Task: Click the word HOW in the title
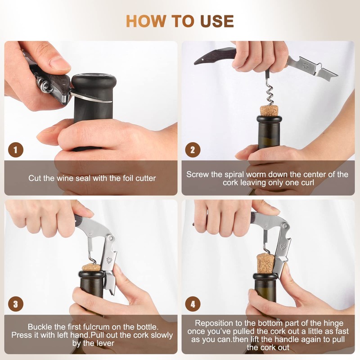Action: (x=145, y=21)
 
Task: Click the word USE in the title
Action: (x=217, y=21)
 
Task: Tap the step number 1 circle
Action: (x=16, y=150)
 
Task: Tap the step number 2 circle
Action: (x=193, y=150)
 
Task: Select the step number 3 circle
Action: (x=16, y=304)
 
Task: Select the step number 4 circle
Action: (x=193, y=304)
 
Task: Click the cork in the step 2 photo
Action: (x=269, y=110)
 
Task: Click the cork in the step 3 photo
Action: (x=91, y=267)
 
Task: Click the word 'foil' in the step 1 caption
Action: (x=129, y=178)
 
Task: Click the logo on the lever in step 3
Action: (x=109, y=261)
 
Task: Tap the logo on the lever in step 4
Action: (x=283, y=247)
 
